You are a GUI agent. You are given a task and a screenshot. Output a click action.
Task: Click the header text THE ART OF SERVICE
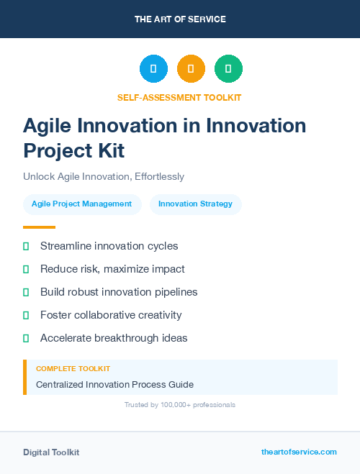tap(180, 19)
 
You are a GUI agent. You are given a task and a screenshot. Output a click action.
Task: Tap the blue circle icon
tap(153, 69)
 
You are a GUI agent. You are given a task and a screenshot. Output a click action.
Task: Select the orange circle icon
tap(191, 69)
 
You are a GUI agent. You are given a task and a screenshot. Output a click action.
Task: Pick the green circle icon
tap(228, 69)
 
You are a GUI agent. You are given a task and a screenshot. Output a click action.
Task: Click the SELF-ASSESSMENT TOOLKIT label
tap(180, 97)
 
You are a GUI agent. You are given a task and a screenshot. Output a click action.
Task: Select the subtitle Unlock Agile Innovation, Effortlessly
tap(104, 176)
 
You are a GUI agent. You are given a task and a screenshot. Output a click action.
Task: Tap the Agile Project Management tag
tap(81, 204)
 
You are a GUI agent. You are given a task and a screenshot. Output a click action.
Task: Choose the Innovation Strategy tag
tap(195, 204)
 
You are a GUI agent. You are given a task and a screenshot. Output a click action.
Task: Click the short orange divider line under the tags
tap(39, 227)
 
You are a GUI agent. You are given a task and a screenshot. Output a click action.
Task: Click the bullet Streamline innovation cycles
tap(109, 246)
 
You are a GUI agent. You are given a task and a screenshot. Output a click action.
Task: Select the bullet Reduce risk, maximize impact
tap(112, 269)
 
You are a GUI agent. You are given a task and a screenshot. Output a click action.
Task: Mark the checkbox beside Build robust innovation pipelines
tap(26, 292)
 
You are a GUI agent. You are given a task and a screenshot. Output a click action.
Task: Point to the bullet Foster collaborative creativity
tap(111, 315)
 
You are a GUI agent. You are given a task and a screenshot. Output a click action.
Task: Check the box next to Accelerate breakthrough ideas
tap(26, 338)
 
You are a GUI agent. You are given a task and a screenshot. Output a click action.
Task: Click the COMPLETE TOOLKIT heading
tap(73, 369)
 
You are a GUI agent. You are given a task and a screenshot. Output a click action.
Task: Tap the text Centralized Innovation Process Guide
tap(114, 385)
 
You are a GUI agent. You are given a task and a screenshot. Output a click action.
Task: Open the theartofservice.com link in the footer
tap(299, 452)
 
